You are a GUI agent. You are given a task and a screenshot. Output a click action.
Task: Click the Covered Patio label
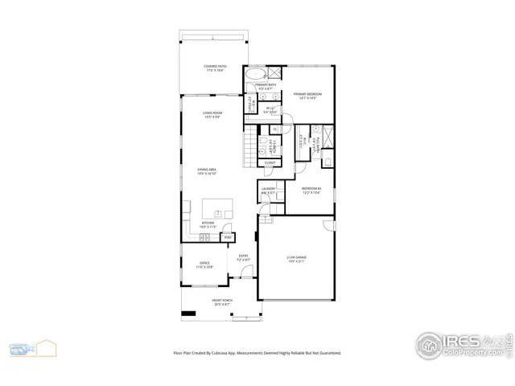pyautogui.click(x=214, y=68)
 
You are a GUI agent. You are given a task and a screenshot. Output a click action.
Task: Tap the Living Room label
pyautogui.click(x=211, y=115)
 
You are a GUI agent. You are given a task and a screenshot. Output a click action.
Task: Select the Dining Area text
pyautogui.click(x=208, y=171)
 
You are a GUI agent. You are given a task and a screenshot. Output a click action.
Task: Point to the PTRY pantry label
pyautogui.click(x=228, y=237)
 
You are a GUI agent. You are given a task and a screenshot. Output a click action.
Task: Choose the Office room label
pyautogui.click(x=205, y=264)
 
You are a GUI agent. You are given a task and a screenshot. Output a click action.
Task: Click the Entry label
pyautogui.click(x=243, y=258)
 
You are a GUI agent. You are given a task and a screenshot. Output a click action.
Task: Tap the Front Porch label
pyautogui.click(x=222, y=303)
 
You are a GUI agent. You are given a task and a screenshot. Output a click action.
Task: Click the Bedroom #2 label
pyautogui.click(x=311, y=191)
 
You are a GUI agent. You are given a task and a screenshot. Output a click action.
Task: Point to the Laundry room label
pyautogui.click(x=269, y=191)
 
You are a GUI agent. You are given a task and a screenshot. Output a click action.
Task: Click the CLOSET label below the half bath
pyautogui.click(x=270, y=162)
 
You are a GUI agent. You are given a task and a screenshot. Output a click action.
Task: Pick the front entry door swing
pyautogui.click(x=236, y=282)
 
